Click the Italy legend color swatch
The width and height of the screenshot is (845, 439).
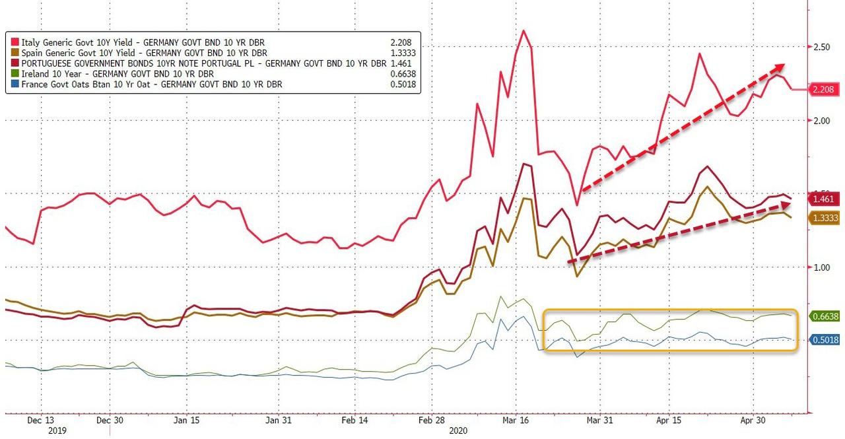point(15,42)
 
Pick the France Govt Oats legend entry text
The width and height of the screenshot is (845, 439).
point(152,84)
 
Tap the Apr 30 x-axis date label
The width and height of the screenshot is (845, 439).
point(753,419)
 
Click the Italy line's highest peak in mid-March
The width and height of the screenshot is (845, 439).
point(524,30)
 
